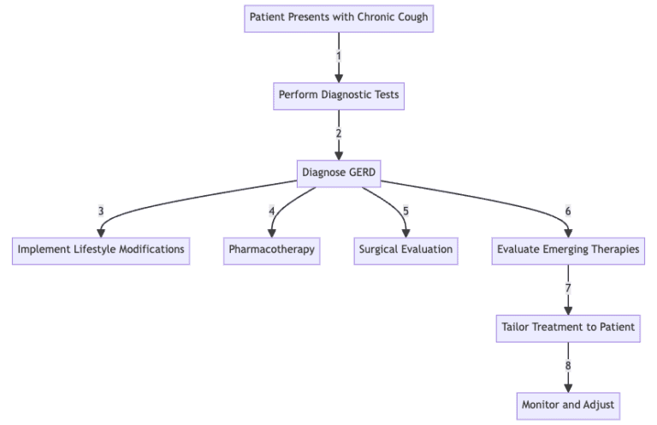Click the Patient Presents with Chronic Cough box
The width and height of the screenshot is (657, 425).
pyautogui.click(x=338, y=17)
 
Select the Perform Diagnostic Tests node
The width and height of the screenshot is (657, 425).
pyautogui.click(x=338, y=95)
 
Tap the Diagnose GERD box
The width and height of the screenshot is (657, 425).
pyautogui.click(x=338, y=172)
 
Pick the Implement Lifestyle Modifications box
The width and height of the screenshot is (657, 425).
pyautogui.click(x=101, y=250)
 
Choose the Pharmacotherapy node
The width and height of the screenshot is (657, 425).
pyautogui.click(x=272, y=250)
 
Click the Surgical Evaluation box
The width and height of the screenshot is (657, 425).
pyautogui.click(x=405, y=250)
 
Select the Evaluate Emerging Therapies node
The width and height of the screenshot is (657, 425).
pyautogui.click(x=568, y=250)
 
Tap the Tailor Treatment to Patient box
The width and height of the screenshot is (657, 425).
pyautogui.click(x=568, y=327)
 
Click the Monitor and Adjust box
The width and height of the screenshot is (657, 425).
pyautogui.click(x=568, y=404)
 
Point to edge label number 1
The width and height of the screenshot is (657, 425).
pyautogui.click(x=338, y=56)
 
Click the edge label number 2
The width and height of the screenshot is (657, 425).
pyautogui.click(x=338, y=133)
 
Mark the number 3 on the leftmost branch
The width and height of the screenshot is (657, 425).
pyautogui.click(x=101, y=211)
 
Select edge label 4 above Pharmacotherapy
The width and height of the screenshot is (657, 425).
pyautogui.click(x=272, y=211)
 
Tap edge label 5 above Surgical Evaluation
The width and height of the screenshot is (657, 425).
pyautogui.click(x=405, y=211)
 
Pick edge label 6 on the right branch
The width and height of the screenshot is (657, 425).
pyautogui.click(x=568, y=211)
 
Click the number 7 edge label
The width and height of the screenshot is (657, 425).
pyautogui.click(x=568, y=288)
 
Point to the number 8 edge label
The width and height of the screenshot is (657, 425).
pyautogui.click(x=568, y=365)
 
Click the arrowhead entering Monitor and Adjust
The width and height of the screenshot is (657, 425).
pyautogui.click(x=568, y=387)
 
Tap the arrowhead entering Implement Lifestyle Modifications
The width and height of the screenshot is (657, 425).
pyautogui.click(x=101, y=233)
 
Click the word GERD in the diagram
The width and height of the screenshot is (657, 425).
pyautogui.click(x=361, y=172)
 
